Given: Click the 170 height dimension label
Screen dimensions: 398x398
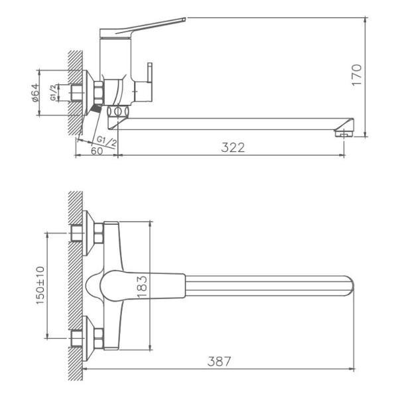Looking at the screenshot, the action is click(x=357, y=75).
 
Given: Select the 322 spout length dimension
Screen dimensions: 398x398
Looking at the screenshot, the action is click(x=233, y=147).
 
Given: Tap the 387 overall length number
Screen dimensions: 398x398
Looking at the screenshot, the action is click(x=219, y=362).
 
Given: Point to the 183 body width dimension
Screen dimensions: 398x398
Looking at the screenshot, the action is click(x=142, y=287).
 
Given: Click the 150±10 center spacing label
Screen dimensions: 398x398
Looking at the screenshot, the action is click(x=40, y=285).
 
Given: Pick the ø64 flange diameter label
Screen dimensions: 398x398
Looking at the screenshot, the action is click(x=35, y=93).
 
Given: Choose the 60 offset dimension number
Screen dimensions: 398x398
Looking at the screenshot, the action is click(x=97, y=151).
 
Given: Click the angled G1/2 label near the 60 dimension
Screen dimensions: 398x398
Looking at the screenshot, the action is click(x=107, y=141).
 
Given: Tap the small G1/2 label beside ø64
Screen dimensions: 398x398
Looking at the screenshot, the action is click(x=53, y=93).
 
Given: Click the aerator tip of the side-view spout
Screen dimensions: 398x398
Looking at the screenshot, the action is click(x=343, y=133).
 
